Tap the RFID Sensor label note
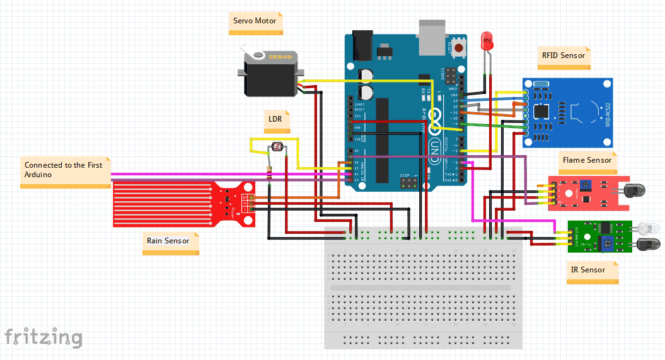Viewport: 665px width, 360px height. [x=564, y=56]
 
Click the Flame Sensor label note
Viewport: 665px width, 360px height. [x=586, y=161]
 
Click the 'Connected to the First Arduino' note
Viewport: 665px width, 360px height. [x=64, y=170]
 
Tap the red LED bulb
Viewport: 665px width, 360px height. [x=487, y=42]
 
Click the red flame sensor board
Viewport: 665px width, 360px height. [x=583, y=193]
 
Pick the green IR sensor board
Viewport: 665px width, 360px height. [x=599, y=236]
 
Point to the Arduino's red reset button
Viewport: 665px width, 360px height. [x=460, y=48]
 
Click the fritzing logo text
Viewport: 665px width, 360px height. [x=43, y=337]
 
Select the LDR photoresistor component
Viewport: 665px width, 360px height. [x=276, y=148]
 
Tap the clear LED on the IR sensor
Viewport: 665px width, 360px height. [x=646, y=228]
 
